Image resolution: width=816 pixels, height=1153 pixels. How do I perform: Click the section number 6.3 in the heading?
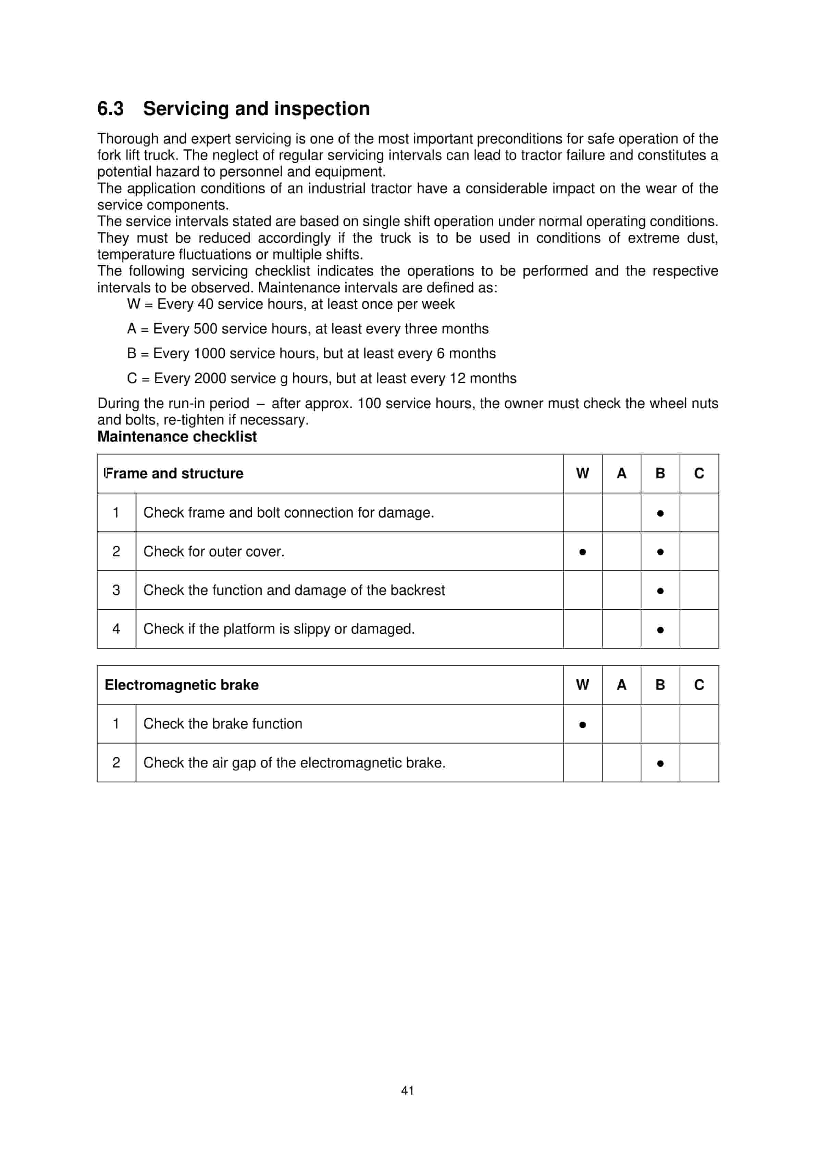(110, 109)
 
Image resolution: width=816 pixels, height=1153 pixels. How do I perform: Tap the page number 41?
(408, 1090)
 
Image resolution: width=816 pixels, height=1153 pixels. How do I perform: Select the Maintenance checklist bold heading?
(177, 436)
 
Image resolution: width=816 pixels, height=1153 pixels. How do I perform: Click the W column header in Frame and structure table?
(582, 473)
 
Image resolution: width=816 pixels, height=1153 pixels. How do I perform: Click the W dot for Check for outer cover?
(582, 552)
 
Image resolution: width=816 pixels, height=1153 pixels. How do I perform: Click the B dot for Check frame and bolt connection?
(660, 513)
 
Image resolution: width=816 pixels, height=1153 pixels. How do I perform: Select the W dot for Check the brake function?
(582, 725)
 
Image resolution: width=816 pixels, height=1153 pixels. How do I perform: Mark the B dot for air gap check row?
(660, 763)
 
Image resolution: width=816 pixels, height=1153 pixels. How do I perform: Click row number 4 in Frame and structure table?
(116, 629)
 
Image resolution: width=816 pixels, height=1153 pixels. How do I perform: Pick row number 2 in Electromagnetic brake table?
(116, 762)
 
